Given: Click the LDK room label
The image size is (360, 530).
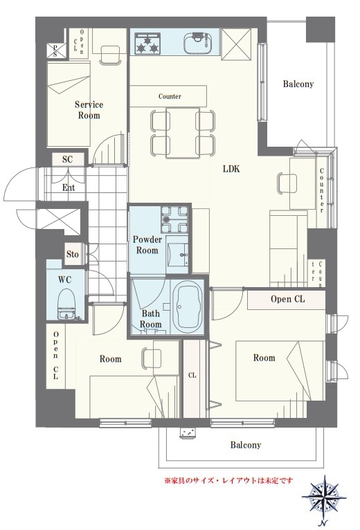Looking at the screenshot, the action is pos(231,169).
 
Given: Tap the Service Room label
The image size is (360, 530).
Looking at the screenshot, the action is pos(89,110).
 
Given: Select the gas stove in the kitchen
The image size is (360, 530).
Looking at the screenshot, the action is pos(147,44).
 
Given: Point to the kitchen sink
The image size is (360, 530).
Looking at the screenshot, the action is pos(199,44).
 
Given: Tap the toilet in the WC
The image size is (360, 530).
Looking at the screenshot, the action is pos(66,304).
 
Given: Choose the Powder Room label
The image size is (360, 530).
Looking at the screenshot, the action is pos(147,245).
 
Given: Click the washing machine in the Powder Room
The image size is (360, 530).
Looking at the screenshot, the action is pos(174,220).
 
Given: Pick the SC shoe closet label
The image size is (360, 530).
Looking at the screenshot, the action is pos(68,159).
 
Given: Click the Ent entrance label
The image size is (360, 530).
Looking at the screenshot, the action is pos(69,188).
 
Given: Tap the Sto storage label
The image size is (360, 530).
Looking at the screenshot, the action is pos(73,254).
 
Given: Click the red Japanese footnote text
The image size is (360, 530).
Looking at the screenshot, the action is pos(228,480).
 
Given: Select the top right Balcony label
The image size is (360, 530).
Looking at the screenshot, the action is pos(298,84).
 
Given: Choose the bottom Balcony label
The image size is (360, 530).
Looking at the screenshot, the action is pos(246,445).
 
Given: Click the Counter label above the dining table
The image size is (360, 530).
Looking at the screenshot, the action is pos(170,96).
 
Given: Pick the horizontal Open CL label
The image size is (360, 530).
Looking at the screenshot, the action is pos(287,299).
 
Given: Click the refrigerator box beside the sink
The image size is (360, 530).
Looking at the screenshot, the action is pos(236,44).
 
